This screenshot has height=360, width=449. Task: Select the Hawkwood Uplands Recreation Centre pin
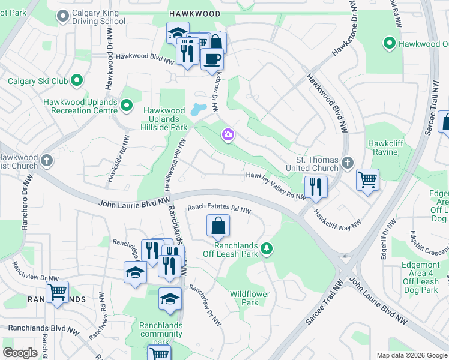click(x=126, y=106)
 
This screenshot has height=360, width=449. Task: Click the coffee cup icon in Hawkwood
click(x=212, y=59)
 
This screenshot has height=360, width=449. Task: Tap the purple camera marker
click(x=228, y=135)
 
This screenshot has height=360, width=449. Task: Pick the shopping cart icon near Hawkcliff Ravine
click(x=367, y=179)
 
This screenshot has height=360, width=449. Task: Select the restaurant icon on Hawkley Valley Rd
click(x=315, y=187)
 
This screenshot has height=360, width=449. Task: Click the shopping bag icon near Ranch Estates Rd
click(x=218, y=226)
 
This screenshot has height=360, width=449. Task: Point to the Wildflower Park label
click(x=250, y=298)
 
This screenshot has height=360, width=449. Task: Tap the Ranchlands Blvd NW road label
click(x=44, y=329)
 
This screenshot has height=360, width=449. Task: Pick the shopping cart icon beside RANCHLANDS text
click(x=57, y=292)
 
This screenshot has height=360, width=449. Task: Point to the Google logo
click(x=20, y=353)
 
